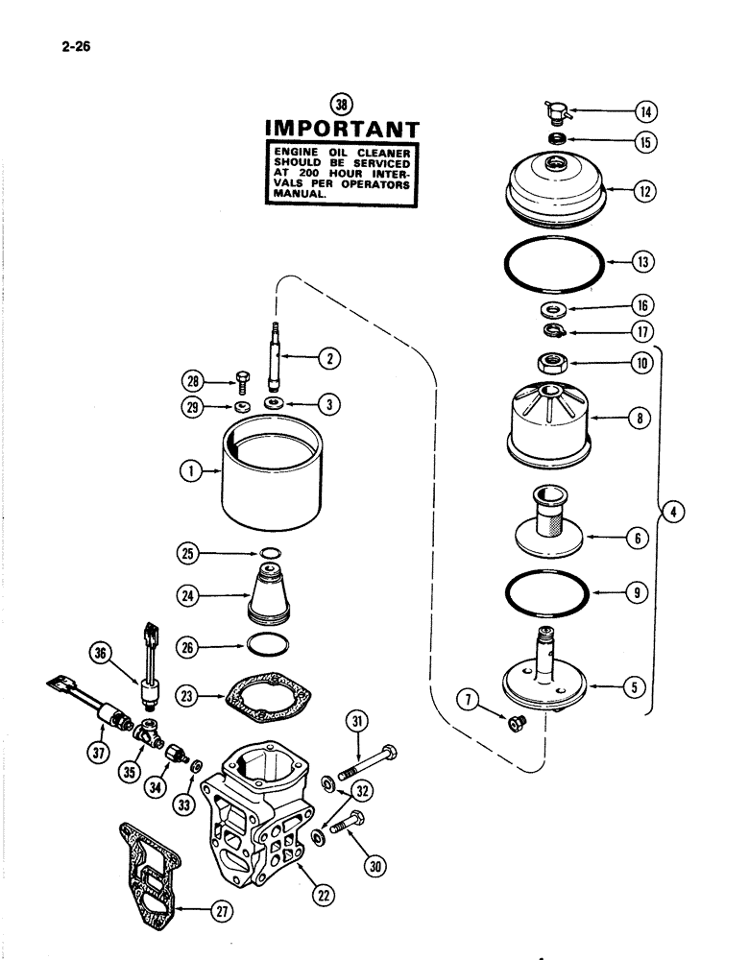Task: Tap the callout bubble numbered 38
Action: click(340, 105)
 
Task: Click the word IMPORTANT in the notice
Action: click(341, 129)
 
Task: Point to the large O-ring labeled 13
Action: click(555, 261)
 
